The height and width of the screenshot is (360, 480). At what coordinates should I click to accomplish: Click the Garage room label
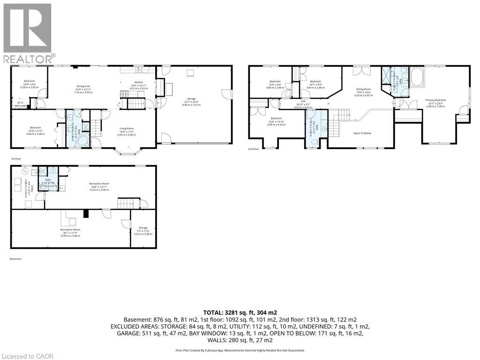[x=190, y=98]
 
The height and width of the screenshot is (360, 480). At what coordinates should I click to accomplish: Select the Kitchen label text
[x=138, y=82]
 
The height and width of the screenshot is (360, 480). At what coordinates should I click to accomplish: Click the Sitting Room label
[x=363, y=89]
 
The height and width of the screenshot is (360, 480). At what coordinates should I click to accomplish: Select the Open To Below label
[x=362, y=133]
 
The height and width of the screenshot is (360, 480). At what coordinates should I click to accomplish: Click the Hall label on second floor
[x=303, y=101]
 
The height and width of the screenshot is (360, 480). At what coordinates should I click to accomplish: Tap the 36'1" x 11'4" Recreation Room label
[x=70, y=229]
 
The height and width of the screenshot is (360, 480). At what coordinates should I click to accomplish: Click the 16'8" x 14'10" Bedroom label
[x=276, y=118]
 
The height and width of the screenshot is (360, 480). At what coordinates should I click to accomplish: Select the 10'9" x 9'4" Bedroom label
[x=29, y=81]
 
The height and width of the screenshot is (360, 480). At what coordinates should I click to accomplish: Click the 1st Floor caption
[x=16, y=159]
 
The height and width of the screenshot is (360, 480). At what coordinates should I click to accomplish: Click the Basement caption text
[x=15, y=259]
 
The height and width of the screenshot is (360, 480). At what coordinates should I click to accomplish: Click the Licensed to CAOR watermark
[x=27, y=356]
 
